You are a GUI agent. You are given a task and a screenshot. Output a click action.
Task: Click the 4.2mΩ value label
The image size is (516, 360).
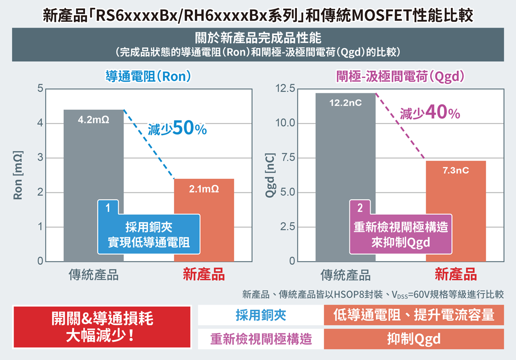pos(93,120)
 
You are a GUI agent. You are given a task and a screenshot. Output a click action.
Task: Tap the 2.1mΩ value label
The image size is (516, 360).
pos(204,189)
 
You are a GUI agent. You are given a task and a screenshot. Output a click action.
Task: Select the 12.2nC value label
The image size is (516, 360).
pos(345,103)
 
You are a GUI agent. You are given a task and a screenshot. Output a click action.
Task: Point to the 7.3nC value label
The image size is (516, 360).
pos(456,171)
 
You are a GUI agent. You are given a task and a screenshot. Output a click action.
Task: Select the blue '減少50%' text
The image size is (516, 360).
pos(177,128)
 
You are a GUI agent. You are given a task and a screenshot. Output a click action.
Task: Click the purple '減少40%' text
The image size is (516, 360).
pos(430,113)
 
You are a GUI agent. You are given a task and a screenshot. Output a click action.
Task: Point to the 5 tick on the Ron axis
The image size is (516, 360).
pos(40,88)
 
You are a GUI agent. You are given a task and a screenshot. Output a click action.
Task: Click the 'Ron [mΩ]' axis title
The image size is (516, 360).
pos(18,175)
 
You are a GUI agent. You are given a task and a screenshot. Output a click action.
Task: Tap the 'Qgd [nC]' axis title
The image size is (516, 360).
pos(270,175)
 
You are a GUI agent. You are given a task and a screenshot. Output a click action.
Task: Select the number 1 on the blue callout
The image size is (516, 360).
pos(108,208)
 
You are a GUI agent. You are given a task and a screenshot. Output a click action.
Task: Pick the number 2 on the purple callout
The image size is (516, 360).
pos(360,208)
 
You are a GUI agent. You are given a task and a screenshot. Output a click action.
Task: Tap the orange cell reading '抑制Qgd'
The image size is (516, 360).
pos(413,339)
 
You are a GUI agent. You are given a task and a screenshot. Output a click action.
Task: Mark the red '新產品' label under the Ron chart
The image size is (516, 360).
pos(204,275)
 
